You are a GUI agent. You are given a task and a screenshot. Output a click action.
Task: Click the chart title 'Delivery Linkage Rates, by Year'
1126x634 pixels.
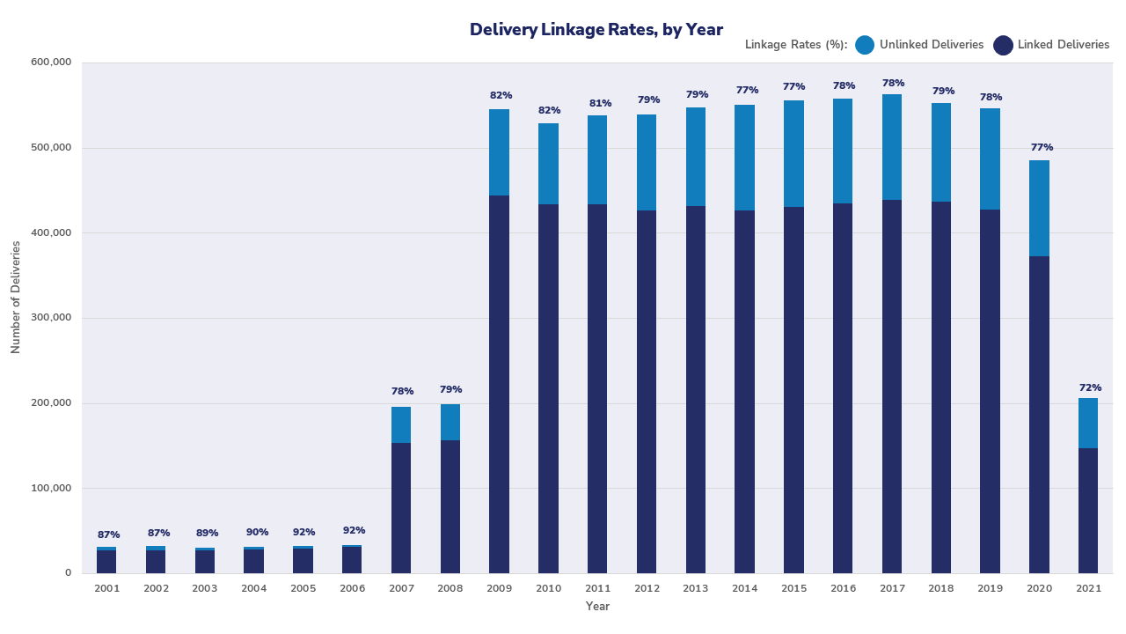tap(596, 30)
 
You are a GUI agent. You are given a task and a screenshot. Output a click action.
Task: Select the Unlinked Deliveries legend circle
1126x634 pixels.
tap(865, 45)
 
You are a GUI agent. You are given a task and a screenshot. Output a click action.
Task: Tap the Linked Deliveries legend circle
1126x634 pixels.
tap(1003, 45)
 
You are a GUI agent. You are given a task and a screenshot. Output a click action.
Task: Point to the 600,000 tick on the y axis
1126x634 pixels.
tap(52, 63)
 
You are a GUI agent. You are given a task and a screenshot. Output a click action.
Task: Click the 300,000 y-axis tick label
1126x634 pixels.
tap(52, 318)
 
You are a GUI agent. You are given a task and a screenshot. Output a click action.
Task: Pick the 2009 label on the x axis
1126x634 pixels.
tap(499, 587)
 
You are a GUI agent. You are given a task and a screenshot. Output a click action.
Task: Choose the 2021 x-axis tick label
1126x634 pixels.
tap(1088, 587)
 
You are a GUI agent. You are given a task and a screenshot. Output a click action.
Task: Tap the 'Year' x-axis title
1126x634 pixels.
tap(597, 606)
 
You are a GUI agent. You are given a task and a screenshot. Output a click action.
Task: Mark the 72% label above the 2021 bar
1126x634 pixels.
tap(1088, 387)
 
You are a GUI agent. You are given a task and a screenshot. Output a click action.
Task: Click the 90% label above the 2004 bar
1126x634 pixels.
tap(253, 533)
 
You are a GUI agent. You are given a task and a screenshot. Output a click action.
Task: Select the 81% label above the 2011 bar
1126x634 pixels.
tap(597, 103)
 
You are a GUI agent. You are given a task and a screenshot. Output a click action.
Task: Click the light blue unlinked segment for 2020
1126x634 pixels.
tap(1039, 208)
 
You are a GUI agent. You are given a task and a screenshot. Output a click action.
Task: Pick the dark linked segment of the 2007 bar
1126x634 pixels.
tap(401, 507)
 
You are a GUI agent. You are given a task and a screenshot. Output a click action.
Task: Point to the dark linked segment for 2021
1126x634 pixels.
tap(1088, 511)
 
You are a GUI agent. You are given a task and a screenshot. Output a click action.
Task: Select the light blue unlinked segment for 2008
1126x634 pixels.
tap(450, 422)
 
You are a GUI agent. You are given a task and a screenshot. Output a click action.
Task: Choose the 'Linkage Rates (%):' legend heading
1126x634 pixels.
tap(795, 45)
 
